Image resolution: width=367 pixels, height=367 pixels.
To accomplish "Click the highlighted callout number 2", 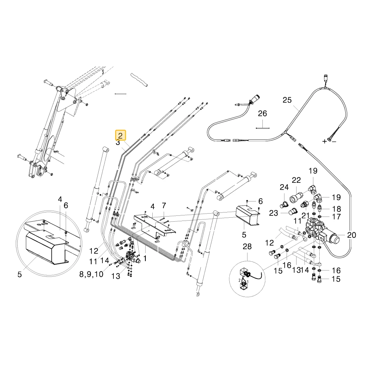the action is click(120, 135).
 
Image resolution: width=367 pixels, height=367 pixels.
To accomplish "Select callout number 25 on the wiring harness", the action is click(287, 100).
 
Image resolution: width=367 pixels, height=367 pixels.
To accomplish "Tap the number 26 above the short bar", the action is click(262, 113).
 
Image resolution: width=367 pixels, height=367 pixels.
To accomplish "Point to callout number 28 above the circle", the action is click(247, 247).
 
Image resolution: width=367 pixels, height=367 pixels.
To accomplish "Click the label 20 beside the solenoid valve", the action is click(352, 235).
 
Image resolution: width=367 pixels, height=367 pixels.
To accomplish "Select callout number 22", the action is click(296, 180).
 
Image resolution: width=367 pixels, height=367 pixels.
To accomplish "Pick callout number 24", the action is click(284, 187).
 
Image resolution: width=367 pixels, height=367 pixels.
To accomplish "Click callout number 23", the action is click(273, 213).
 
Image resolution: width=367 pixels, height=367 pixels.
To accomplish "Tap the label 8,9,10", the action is click(91, 274).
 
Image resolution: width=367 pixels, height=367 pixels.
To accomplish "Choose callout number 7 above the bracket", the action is click(164, 206).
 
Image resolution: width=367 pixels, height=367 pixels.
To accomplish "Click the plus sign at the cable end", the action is click(324, 141).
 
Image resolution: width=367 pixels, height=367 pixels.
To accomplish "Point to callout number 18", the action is click(336, 209).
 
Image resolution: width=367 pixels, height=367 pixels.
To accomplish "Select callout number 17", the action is click(336, 217).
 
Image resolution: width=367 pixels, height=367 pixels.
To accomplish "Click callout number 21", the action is click(305, 215).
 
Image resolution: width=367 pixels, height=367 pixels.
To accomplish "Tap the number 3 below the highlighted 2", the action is click(118, 142).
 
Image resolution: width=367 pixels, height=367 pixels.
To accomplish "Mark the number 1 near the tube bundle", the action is click(145, 258).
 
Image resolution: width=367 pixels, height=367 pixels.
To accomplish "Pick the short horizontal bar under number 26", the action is click(263, 128).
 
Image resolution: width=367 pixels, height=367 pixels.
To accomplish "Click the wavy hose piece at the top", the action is click(139, 80).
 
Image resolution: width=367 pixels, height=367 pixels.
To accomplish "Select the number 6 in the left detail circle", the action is click(66, 205).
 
